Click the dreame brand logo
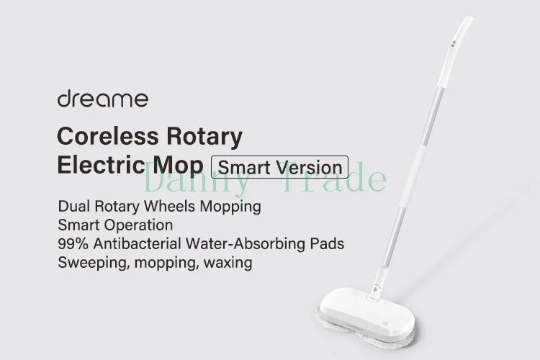102,99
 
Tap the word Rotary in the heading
204,135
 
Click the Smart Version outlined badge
279,167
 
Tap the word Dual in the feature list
74,207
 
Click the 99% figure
74,243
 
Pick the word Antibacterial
138,243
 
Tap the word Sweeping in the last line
90,262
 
